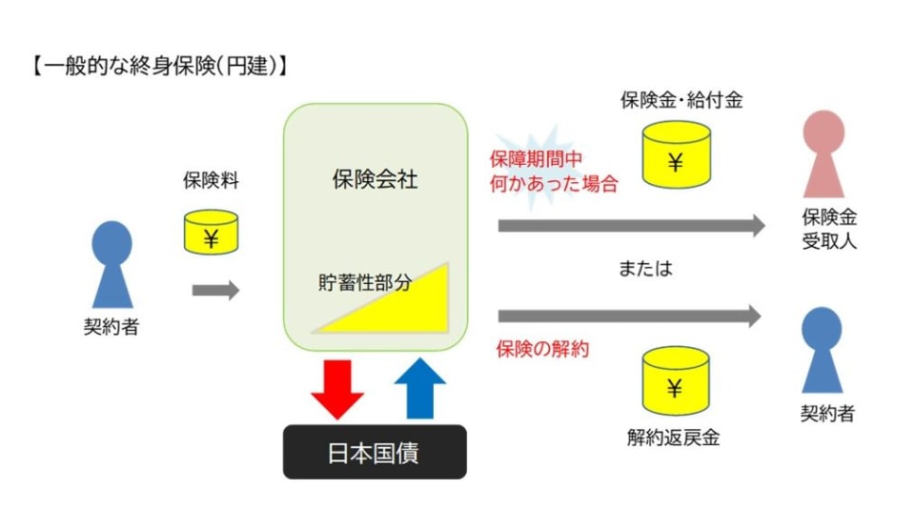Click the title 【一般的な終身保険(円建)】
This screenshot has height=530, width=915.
(158, 68)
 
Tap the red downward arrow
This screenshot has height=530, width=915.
(337, 387)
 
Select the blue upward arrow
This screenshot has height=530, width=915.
(418, 387)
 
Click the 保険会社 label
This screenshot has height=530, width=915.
(375, 179)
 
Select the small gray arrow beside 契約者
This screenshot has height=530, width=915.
(215, 291)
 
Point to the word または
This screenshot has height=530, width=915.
(645, 269)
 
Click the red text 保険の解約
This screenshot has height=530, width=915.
(542, 349)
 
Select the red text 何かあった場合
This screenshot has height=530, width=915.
(554, 183)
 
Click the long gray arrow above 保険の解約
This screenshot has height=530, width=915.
(629, 316)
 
